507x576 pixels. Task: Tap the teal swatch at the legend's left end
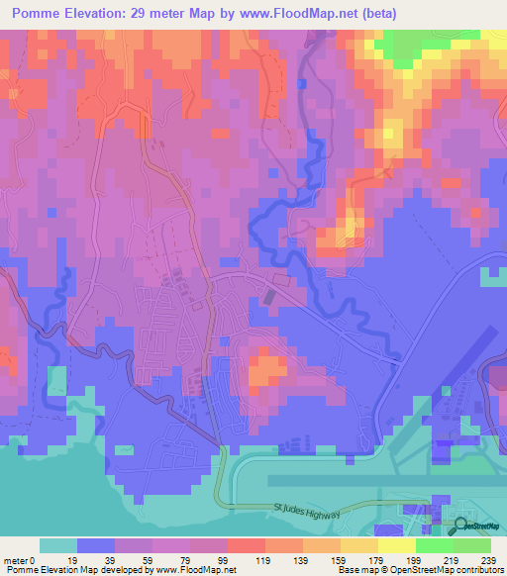pyautogui.click(x=57, y=545)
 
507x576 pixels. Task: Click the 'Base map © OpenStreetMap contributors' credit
pyautogui.click(x=421, y=570)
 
